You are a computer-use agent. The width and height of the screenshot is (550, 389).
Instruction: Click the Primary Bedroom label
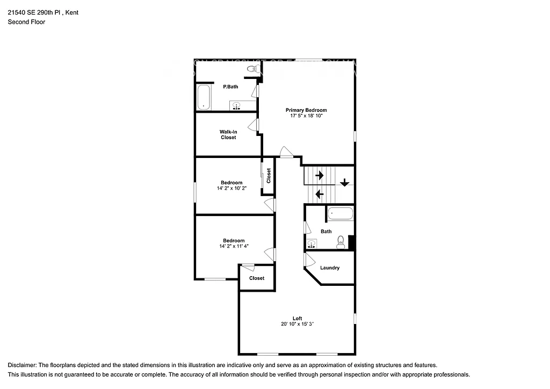click(x=306, y=110)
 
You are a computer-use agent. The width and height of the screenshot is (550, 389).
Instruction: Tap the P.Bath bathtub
click(x=204, y=97)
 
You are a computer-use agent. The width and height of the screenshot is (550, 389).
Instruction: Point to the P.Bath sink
click(x=236, y=105)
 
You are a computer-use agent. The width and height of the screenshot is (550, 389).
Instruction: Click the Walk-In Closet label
click(x=228, y=134)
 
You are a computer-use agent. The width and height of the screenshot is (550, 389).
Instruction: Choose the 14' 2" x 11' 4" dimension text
click(x=234, y=247)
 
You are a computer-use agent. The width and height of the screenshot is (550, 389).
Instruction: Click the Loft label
click(x=297, y=318)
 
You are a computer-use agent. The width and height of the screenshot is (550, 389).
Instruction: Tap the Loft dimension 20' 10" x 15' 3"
click(x=297, y=324)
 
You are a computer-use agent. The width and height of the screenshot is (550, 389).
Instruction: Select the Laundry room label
click(x=330, y=268)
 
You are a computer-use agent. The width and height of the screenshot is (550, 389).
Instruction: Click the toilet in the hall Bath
click(x=340, y=244)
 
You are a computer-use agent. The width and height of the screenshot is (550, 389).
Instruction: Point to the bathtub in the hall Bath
click(x=340, y=214)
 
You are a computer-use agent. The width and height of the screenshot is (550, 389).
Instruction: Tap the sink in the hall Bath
click(x=312, y=244)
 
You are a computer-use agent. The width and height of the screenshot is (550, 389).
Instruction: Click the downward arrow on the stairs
click(x=344, y=183)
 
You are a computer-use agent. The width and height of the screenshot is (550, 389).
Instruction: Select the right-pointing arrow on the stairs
click(x=319, y=175)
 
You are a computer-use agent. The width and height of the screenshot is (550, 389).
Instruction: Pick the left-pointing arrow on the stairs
click(x=319, y=193)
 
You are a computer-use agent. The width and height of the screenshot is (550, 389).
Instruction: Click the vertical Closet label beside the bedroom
click(x=269, y=175)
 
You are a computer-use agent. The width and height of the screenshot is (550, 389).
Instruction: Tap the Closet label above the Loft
click(x=257, y=278)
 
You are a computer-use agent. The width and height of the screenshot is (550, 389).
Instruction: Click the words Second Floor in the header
click(x=26, y=22)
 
